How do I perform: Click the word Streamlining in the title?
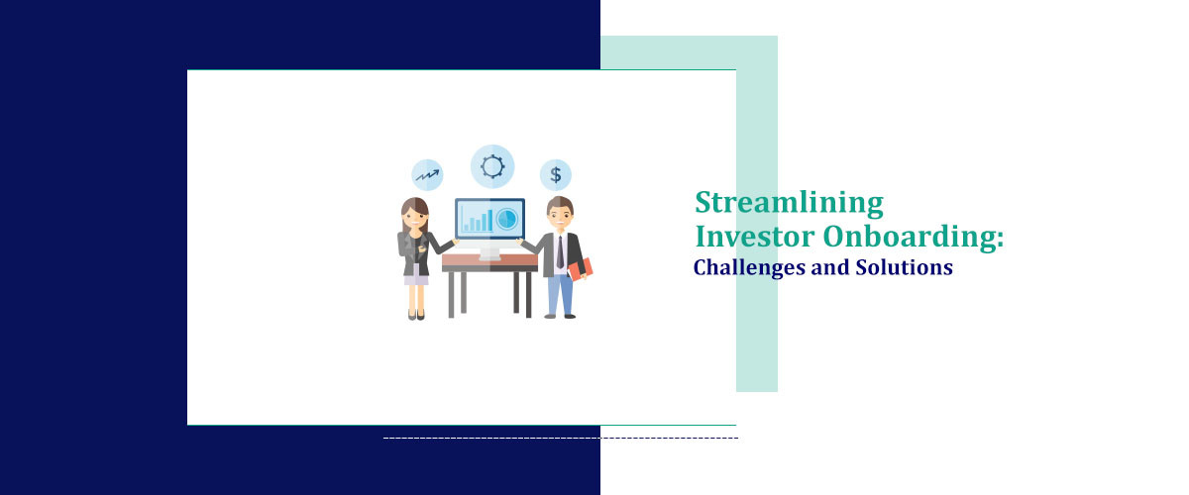[788, 203]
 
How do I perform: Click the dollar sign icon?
[556, 175]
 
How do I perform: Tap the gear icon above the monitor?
[492, 166]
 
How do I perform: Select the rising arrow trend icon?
[427, 175]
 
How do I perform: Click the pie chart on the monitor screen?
[507, 218]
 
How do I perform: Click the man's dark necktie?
[560, 251]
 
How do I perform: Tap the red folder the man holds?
[582, 267]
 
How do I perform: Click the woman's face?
[416, 214]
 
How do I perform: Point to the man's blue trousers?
[560, 293]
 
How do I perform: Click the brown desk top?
[489, 262]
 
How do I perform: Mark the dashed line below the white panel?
[560, 438]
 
